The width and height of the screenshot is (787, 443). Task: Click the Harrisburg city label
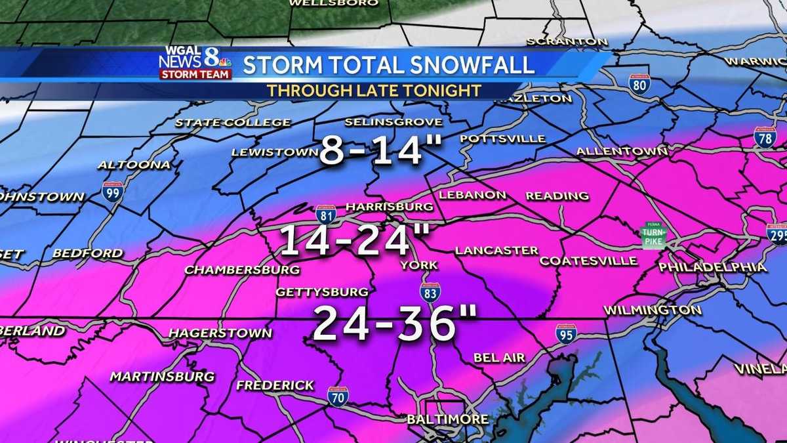389,207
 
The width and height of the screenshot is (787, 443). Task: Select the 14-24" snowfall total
354,240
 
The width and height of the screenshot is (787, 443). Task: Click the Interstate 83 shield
430,291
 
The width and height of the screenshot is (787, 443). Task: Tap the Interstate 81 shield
326,214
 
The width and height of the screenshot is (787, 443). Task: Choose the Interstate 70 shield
338,396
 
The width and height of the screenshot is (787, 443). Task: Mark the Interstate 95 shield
566,333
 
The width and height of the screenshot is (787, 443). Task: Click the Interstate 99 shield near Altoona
113,191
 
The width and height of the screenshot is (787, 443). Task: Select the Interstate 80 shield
639,83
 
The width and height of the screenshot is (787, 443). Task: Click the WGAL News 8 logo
195,63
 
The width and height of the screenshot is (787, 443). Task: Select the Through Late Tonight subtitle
374,91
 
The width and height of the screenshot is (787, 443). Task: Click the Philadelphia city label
712,267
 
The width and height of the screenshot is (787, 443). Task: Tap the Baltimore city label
447,419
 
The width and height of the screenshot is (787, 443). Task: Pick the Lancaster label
496,250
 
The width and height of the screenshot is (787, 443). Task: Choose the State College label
233,123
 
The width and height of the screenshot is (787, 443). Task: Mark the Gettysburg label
322,291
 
